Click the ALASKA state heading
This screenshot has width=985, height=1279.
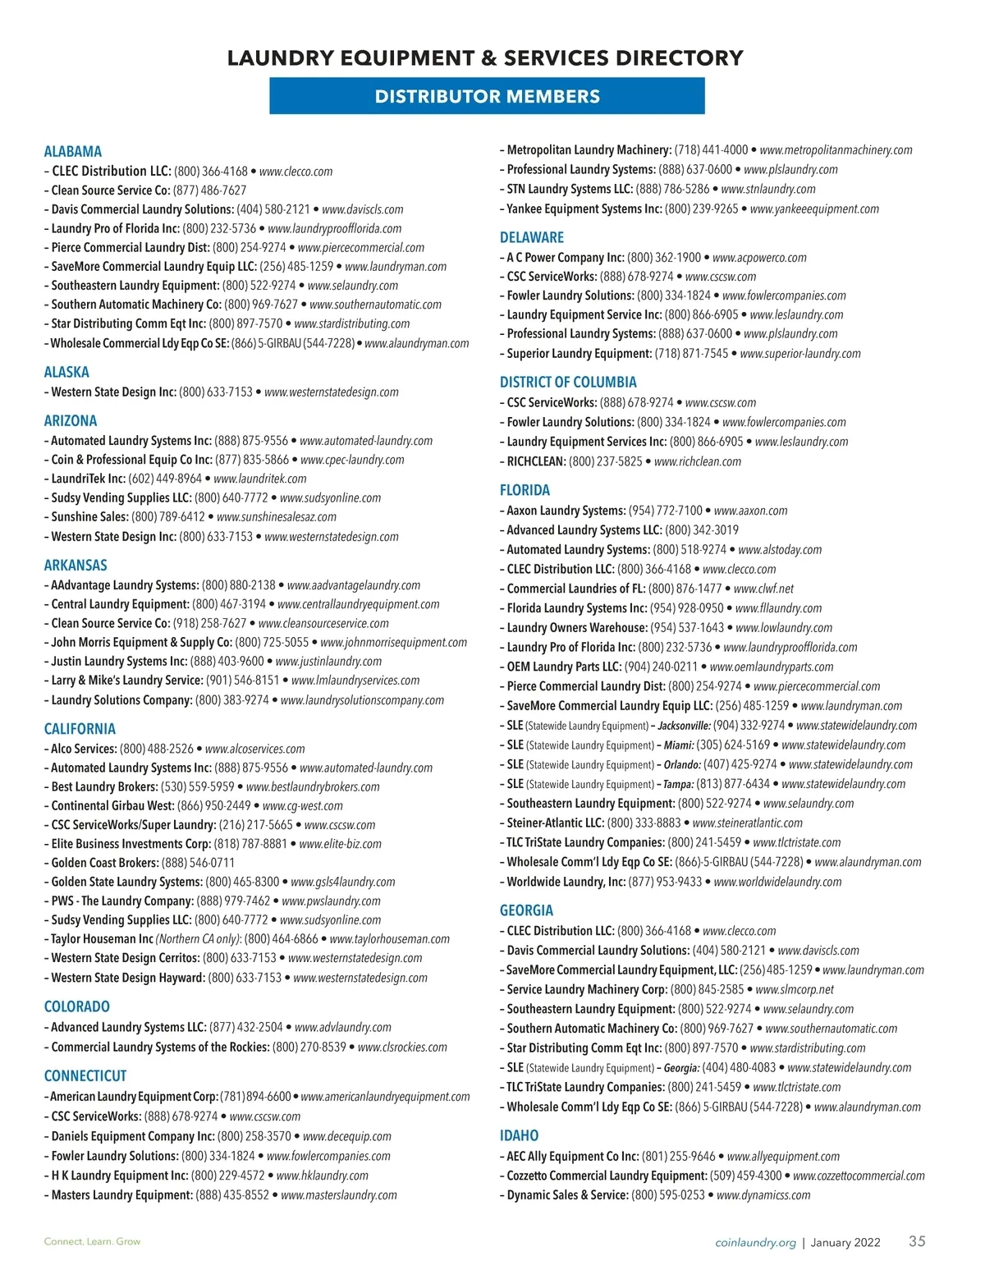66,372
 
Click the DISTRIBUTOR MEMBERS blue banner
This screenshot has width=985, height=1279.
487,96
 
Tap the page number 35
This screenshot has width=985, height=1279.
917,1240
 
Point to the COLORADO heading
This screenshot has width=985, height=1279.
76,1006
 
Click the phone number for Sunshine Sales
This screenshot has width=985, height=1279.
167,517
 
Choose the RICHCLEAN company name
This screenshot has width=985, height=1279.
536,461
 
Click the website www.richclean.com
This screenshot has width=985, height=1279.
698,461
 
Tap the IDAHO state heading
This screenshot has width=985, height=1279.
519,1135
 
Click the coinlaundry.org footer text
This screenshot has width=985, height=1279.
755,1243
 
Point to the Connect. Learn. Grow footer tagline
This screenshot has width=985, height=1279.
92,1241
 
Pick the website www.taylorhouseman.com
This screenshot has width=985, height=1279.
389,939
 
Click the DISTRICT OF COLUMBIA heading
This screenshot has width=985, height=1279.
568,382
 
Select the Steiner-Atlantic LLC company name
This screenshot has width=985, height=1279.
555,823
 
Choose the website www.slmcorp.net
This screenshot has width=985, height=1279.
795,989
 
